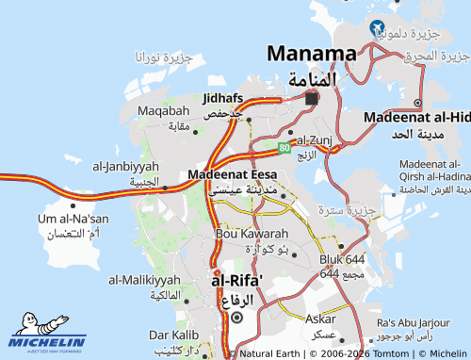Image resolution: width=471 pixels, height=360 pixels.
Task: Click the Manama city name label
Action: point(312,54)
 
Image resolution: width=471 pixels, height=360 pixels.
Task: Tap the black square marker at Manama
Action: point(312,97)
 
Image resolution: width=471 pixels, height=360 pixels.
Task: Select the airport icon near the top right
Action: point(378,27)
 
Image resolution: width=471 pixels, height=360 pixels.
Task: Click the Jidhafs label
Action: point(222,98)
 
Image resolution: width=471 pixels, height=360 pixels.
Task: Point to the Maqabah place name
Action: point(156,111)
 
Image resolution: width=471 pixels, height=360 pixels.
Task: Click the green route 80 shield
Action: point(284,147)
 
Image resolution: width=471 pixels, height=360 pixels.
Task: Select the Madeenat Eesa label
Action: point(232,174)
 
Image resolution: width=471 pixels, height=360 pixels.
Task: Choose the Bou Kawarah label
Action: point(252,233)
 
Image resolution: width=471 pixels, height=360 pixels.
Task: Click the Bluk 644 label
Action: point(341,258)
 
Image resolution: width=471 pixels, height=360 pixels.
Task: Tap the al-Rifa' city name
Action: point(236,280)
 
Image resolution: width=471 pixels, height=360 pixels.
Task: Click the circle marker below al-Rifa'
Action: point(236,318)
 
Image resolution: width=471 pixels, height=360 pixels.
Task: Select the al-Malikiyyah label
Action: point(144,280)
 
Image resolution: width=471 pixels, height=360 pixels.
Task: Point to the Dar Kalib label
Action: point(172,335)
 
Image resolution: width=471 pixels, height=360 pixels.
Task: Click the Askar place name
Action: point(319,319)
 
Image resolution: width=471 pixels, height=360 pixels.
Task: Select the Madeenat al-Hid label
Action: point(416,117)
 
